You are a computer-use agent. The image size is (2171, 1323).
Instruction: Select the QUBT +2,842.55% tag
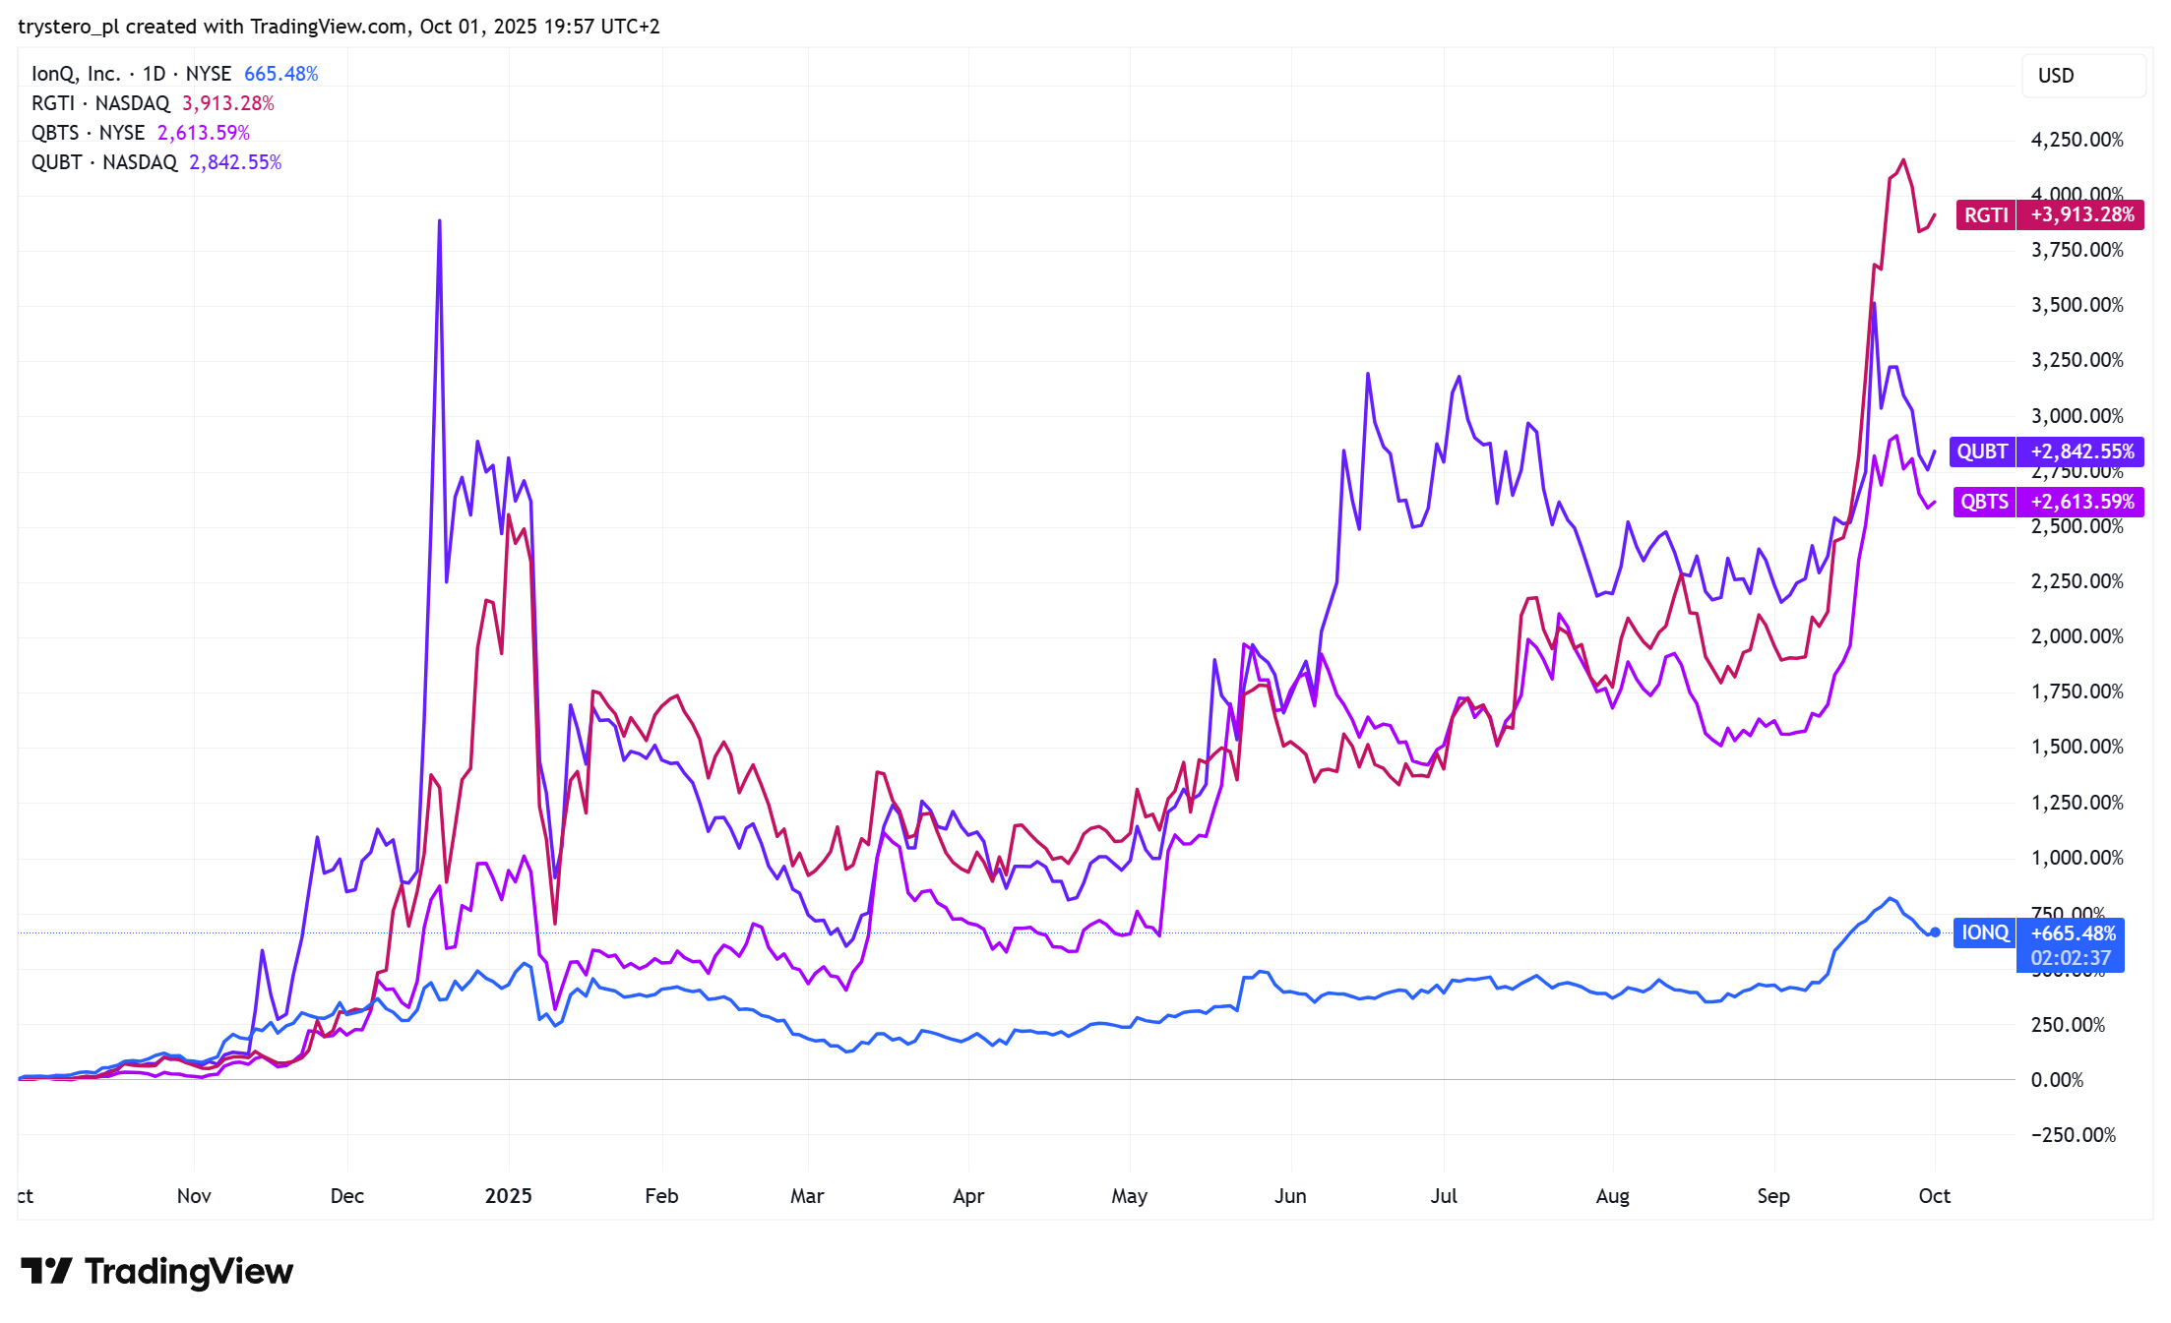coord(2046,451)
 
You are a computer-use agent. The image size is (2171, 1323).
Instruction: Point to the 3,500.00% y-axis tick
coord(2077,305)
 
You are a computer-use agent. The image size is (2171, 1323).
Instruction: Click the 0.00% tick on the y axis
coord(2057,1080)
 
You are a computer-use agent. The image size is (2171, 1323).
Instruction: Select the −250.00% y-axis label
coord(2073,1135)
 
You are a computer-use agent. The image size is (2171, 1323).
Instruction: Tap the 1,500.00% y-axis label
coord(2077,747)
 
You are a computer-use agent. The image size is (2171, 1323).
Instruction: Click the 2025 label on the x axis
coord(508,1196)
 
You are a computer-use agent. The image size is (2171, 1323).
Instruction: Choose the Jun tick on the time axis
coord(1290,1196)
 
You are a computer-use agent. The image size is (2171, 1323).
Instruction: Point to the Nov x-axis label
coord(194,1196)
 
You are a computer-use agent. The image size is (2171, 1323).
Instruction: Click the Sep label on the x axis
coord(1773,1196)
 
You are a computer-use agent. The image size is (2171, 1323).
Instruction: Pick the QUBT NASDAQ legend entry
coord(104,162)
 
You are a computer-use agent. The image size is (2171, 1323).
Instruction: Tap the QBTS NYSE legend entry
coord(89,133)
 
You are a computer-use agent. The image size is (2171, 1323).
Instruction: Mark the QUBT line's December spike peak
coord(440,221)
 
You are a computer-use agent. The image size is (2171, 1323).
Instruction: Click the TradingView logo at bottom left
coord(157,1271)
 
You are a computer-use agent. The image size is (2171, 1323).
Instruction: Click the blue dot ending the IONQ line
coord(1935,932)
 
